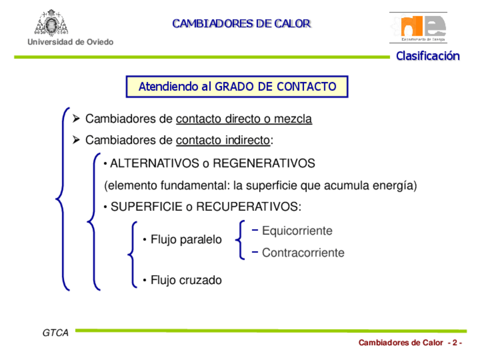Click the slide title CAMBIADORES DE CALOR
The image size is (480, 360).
click(241, 24)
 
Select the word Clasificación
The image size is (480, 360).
click(427, 56)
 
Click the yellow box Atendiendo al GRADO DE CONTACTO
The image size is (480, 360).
click(237, 87)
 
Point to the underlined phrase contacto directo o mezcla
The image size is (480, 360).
click(244, 119)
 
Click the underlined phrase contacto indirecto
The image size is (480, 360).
click(223, 140)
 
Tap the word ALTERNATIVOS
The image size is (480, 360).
click(155, 164)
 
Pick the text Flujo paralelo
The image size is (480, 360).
click(186, 240)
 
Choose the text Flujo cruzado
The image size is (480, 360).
click(186, 280)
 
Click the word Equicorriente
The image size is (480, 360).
click(297, 231)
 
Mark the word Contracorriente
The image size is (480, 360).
click(303, 253)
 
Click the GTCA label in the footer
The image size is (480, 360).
click(55, 333)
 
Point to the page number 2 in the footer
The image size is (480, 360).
click(453, 343)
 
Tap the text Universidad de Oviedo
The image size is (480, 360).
click(70, 42)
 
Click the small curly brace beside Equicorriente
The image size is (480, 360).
click(241, 241)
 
